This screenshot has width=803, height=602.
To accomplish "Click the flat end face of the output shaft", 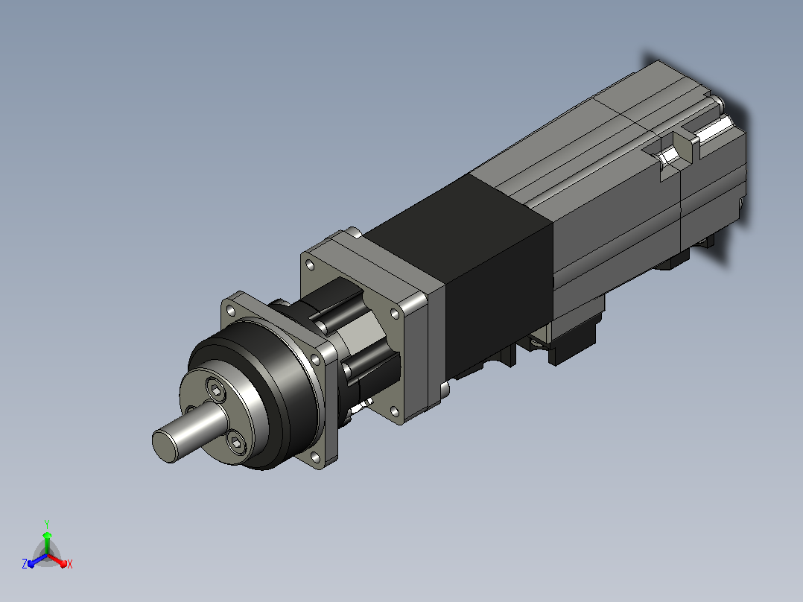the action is [165, 446].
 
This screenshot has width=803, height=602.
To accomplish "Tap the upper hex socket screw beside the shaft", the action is [216, 390].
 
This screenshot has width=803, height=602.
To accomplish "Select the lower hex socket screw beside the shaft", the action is [235, 442].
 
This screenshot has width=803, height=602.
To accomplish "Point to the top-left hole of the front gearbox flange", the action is [231, 311].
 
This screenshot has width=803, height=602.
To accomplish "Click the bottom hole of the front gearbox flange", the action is [315, 457].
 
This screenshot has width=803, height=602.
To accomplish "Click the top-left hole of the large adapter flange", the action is [309, 265].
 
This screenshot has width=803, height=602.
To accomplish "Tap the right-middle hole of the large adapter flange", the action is [395, 314].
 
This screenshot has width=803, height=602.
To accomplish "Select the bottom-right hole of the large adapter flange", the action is [394, 411].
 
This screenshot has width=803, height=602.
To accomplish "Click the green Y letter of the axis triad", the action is [47, 524].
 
